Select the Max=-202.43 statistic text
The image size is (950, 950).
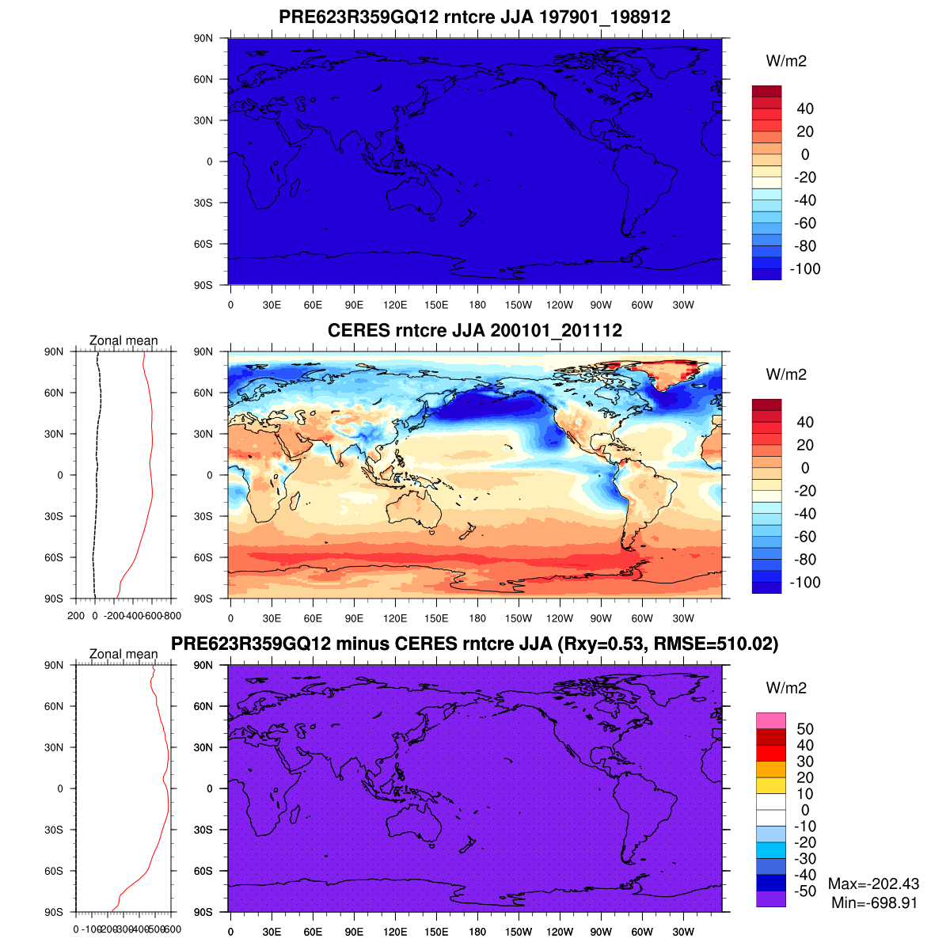pos(874,884)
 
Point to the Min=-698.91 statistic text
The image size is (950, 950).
pos(874,902)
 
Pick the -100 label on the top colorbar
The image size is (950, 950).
pos(805,269)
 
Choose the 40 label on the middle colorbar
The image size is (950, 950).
pos(804,423)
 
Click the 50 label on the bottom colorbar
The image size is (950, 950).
pos(804,729)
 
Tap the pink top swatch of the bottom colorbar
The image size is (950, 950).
pos(770,720)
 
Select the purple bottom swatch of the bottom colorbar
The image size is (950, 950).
pos(770,899)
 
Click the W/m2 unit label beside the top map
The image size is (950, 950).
pos(786,62)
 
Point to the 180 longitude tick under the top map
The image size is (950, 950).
pos(477,306)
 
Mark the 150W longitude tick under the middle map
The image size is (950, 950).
pos(519,619)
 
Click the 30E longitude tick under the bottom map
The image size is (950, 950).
pos(272,933)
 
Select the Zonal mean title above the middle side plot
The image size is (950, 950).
pos(123,341)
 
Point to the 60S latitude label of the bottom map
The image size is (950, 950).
pos(203,871)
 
